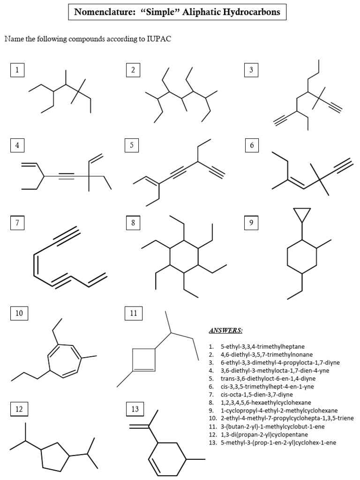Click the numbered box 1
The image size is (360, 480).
click(x=17, y=70)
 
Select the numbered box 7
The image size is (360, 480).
click(x=17, y=223)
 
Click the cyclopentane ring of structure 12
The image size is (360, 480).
click(x=55, y=455)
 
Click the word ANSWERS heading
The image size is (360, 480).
click(x=225, y=330)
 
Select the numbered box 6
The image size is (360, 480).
click(x=252, y=146)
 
